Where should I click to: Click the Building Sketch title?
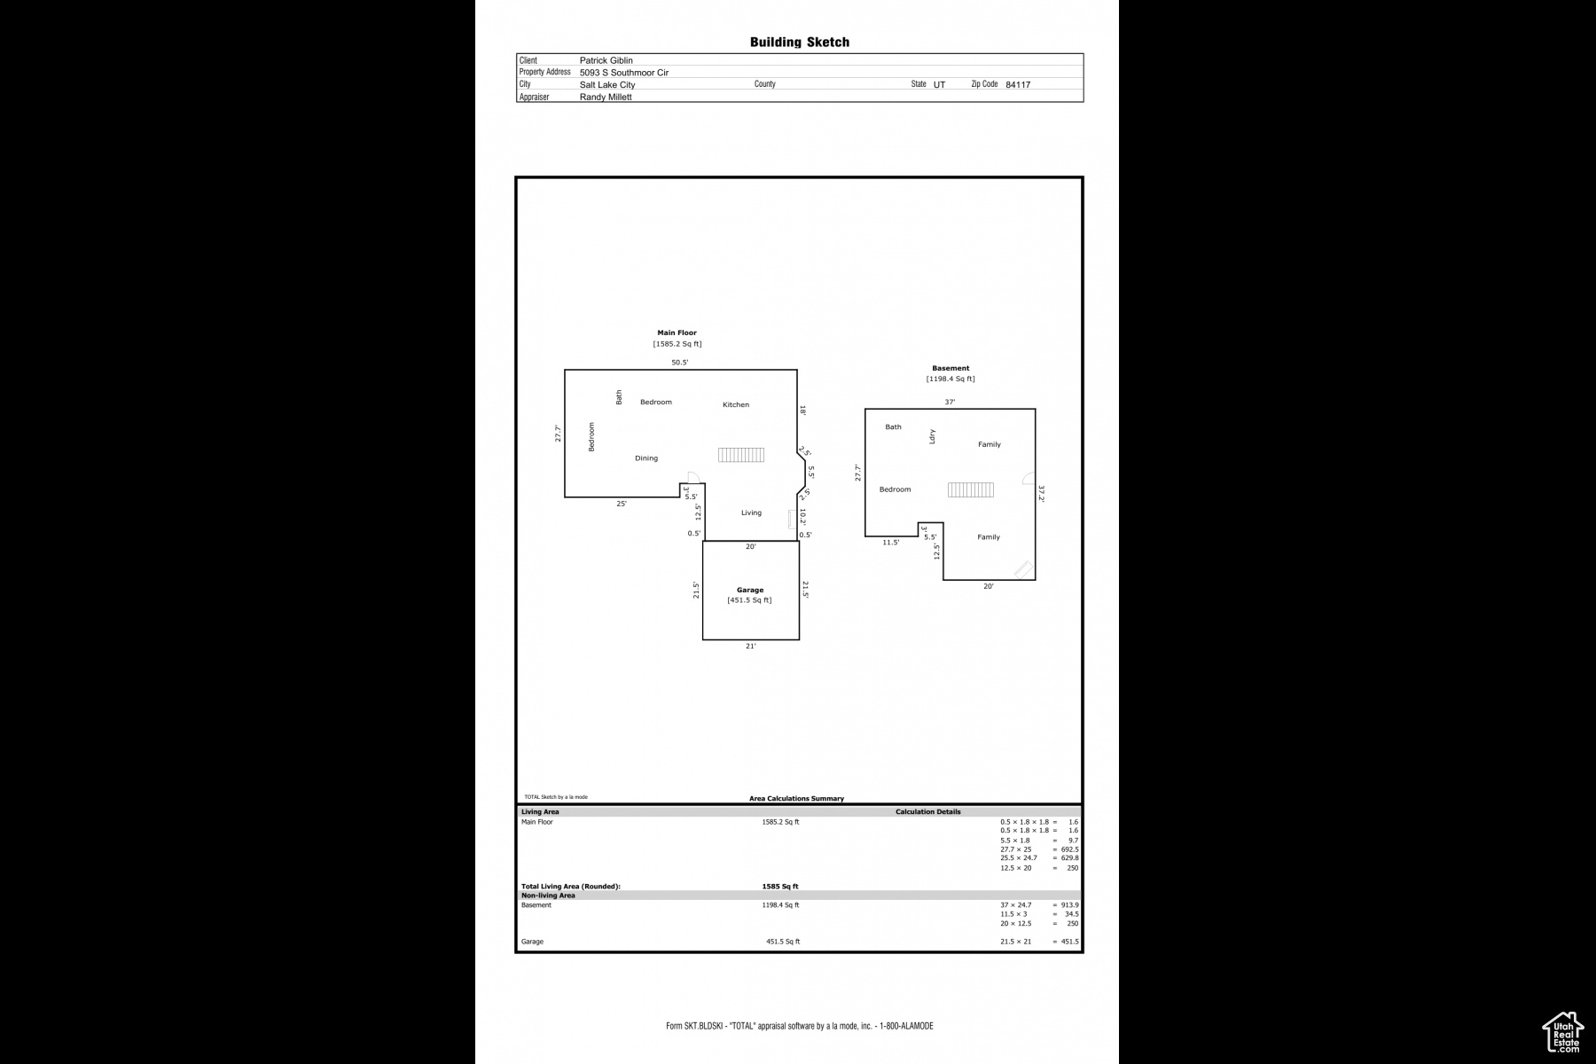pyautogui.click(x=799, y=42)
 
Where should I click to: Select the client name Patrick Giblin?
pyautogui.click(x=606, y=60)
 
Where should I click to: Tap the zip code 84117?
pyautogui.click(x=1017, y=85)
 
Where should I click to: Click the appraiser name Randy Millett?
pyautogui.click(x=606, y=98)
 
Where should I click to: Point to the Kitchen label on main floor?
pyautogui.click(x=735, y=405)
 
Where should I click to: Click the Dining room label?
pyautogui.click(x=645, y=458)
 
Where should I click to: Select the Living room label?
pyautogui.click(x=751, y=512)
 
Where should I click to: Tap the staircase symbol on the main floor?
pyautogui.click(x=740, y=455)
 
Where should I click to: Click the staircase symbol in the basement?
pyautogui.click(x=970, y=489)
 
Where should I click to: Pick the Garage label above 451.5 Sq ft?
pyautogui.click(x=749, y=590)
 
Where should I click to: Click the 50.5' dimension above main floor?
pyautogui.click(x=679, y=363)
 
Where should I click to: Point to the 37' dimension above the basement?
pyautogui.click(x=949, y=402)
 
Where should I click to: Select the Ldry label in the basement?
pyautogui.click(x=932, y=436)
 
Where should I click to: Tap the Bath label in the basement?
pyautogui.click(x=893, y=427)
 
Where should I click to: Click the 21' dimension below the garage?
pyautogui.click(x=750, y=646)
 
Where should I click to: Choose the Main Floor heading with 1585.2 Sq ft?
pyautogui.click(x=677, y=333)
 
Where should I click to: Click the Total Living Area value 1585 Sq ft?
pyautogui.click(x=779, y=887)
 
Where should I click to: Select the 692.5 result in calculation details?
pyautogui.click(x=1069, y=849)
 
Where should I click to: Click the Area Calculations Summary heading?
pyautogui.click(x=796, y=799)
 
